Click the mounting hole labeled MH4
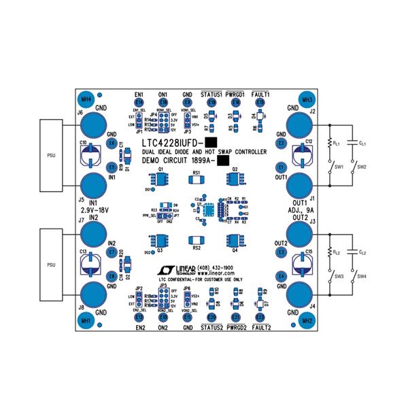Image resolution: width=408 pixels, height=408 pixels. (86, 98)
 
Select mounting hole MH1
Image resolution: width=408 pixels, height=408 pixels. (86, 319)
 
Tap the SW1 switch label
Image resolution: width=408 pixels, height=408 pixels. (339, 167)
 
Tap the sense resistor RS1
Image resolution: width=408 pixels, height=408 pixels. (197, 180)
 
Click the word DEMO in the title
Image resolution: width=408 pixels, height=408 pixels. (154, 160)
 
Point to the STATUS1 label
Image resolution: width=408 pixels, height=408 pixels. (211, 94)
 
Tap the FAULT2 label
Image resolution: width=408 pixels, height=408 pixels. (260, 328)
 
